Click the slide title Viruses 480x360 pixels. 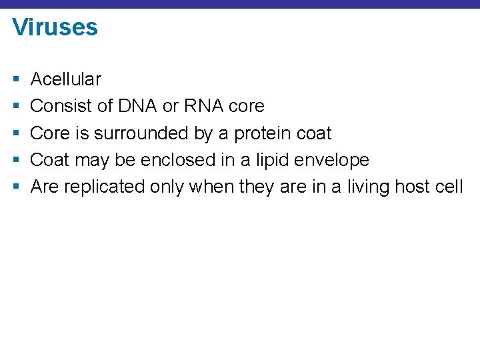coord(55,27)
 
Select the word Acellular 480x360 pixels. coord(66,79)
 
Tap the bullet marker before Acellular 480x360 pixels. coord(15,79)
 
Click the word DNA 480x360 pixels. coord(137,106)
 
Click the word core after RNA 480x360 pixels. coord(247,106)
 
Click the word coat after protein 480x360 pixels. coord(313,133)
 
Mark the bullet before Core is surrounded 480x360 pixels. coord(15,133)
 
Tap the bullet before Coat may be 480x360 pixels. coord(15,160)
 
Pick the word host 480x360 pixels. coord(413,187)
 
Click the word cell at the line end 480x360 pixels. coord(449,187)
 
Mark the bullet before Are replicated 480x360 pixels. coord(15,187)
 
